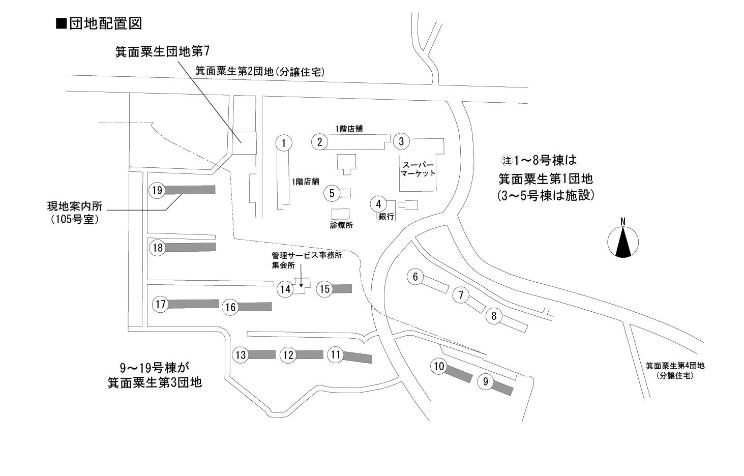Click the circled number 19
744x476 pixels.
157,190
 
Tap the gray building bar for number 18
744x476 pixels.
190,248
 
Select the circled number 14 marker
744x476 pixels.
286,289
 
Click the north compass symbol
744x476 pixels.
623,242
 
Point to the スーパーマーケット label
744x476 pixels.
418,169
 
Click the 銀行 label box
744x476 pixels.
386,217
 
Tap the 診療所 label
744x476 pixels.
341,225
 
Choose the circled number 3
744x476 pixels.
401,141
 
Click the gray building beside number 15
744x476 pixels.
342,289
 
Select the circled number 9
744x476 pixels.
486,382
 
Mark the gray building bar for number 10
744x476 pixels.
459,373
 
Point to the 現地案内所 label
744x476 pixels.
75,206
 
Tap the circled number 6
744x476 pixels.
415,277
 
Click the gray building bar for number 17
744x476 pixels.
193,304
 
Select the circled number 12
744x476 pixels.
288,355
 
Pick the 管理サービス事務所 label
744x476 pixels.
307,256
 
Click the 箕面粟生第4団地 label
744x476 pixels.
675,366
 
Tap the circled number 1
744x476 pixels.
284,143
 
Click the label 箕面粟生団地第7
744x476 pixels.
162,51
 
